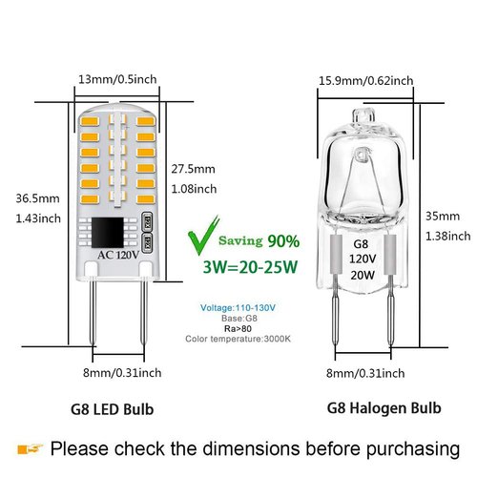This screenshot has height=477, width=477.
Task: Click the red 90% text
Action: click(282, 239)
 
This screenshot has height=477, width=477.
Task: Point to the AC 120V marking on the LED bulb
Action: click(116, 256)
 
